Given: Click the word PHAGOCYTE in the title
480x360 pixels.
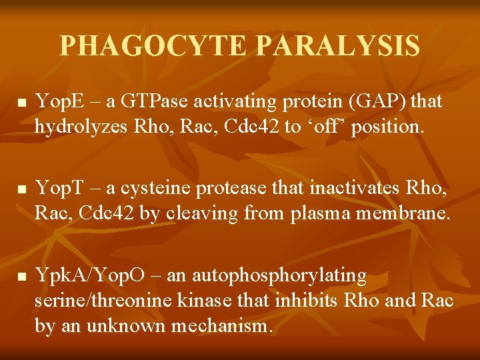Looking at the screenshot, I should pyautogui.click(x=155, y=46).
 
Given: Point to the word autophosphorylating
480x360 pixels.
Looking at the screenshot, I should pyautogui.click(x=279, y=275).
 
